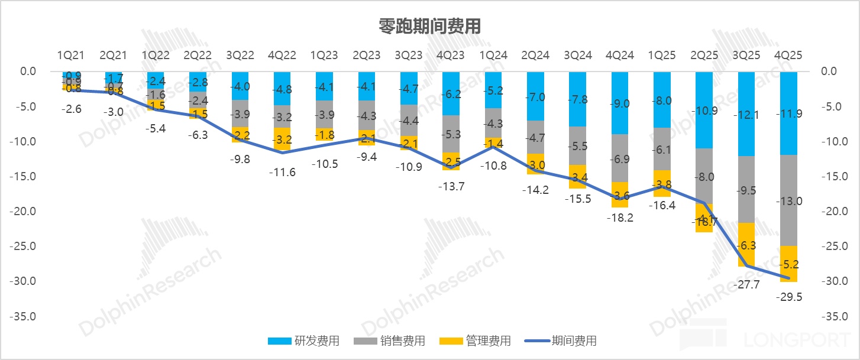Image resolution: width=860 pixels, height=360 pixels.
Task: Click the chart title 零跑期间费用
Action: (429, 27)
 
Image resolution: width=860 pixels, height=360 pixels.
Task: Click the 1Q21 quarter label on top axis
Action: (71, 56)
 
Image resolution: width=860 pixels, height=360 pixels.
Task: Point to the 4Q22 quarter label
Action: (282, 56)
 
